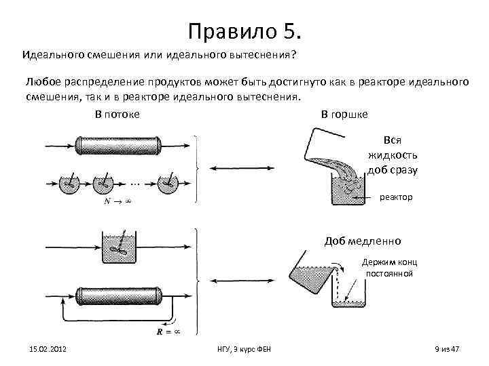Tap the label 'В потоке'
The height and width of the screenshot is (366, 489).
pos(117,114)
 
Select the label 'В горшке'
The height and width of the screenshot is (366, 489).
pos(344,114)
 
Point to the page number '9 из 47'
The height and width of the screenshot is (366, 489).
pos(447,348)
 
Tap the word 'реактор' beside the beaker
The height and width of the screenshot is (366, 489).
pos(396,197)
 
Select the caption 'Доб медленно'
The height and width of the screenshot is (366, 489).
pos(363,241)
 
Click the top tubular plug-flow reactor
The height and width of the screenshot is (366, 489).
pos(119,146)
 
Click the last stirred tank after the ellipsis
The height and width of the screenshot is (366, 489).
pos(168,184)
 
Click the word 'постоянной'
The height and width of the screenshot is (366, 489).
pos(389,273)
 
